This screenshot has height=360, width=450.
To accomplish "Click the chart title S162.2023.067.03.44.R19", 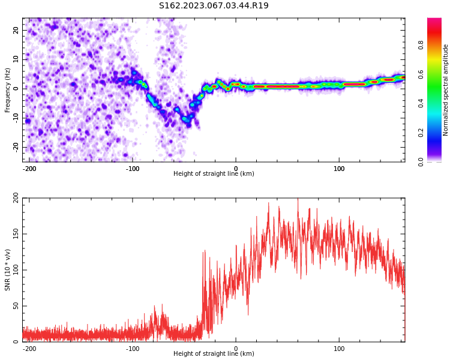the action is (214, 5).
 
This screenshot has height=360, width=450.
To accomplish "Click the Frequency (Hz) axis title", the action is (7, 90).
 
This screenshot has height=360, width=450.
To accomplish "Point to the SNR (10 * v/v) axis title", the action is (7, 270).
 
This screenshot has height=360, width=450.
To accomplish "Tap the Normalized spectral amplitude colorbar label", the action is (445, 90).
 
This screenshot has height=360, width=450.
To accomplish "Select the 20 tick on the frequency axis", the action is (16, 30).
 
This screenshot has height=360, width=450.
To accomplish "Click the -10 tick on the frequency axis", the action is (16, 118).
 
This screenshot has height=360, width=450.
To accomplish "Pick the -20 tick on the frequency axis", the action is (16, 147).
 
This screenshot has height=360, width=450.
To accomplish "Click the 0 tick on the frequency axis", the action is (16, 89).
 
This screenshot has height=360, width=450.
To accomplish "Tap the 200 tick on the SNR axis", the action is (16, 198).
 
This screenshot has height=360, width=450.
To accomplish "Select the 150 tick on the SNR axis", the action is (16, 234).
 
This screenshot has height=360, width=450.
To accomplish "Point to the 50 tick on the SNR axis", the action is (16, 306).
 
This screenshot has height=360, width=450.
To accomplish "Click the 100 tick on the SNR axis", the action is (16, 270).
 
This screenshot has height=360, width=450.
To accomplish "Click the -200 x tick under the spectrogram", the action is (29, 169).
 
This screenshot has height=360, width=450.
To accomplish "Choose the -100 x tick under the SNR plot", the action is (133, 349).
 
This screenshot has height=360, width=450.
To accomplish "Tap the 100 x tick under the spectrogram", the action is (339, 169).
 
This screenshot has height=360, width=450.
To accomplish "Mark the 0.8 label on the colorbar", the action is (421, 45).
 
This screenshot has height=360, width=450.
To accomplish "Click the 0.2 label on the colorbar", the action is (421, 133).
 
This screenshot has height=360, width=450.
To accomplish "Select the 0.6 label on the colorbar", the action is (421, 74).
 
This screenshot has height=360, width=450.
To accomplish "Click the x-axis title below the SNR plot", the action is (214, 353).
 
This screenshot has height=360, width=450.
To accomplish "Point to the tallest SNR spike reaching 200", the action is (298, 199).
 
